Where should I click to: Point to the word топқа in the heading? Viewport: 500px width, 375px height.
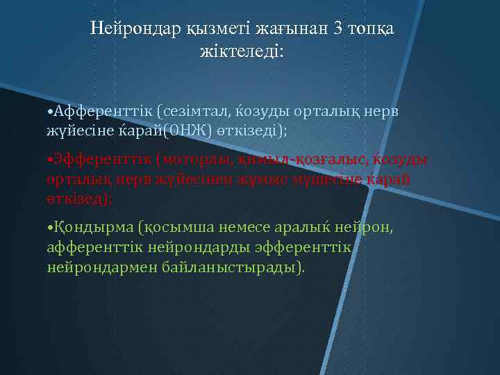(x=373, y=28)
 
